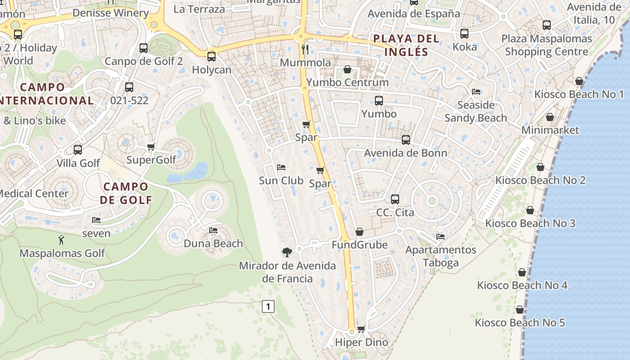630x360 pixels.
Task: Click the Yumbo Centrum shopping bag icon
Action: [x=347, y=69]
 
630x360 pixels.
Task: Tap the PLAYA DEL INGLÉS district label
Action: [x=406, y=45]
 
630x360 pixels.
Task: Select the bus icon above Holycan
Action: [x=211, y=57]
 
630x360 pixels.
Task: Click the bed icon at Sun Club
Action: [x=281, y=167]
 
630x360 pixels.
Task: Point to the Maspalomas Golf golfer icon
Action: [x=62, y=240]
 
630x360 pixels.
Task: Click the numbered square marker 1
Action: [x=268, y=307]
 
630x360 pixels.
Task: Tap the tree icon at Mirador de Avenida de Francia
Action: [x=287, y=252]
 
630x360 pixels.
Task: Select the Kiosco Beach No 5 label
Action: [x=520, y=323]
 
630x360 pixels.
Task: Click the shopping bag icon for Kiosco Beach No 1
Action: [x=579, y=81]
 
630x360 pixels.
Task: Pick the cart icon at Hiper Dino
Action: [x=361, y=329]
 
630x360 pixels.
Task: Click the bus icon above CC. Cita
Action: [x=395, y=199]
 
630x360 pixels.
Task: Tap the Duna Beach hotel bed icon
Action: [x=213, y=230]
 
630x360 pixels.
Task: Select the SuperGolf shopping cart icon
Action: [x=151, y=147]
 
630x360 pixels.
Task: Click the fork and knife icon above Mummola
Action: [x=305, y=49]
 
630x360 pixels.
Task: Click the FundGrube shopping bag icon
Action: [x=359, y=232]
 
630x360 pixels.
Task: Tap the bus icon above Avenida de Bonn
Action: [x=405, y=140]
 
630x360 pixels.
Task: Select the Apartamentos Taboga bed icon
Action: [x=441, y=236]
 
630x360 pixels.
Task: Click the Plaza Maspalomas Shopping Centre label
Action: [x=546, y=45]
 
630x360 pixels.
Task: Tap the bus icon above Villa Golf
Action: [x=78, y=150]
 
